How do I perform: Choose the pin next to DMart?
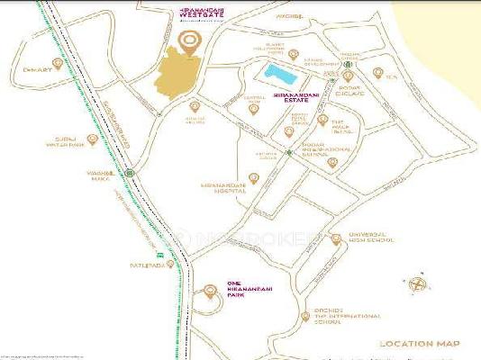click(x=59, y=64)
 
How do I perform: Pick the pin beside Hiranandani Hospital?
click(x=253, y=176)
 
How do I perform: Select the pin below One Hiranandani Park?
click(x=209, y=291)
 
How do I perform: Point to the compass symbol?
click(x=417, y=284)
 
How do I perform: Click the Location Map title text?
click(x=420, y=344)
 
